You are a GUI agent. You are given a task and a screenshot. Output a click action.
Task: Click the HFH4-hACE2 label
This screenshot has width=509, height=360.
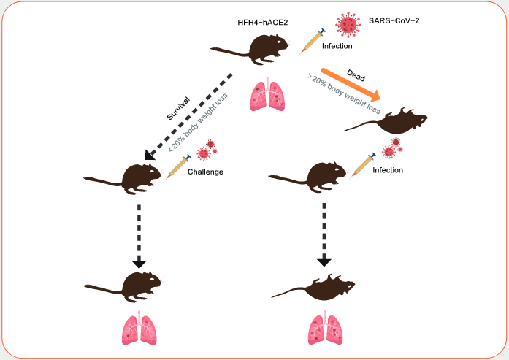tap(263, 22)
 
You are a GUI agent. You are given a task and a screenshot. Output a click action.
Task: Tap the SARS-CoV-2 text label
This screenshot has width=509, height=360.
tap(394, 21)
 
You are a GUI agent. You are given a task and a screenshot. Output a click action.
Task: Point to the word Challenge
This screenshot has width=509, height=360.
tap(205, 173)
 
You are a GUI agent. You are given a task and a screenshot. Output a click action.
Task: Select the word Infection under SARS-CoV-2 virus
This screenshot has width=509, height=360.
tap(337, 46)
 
